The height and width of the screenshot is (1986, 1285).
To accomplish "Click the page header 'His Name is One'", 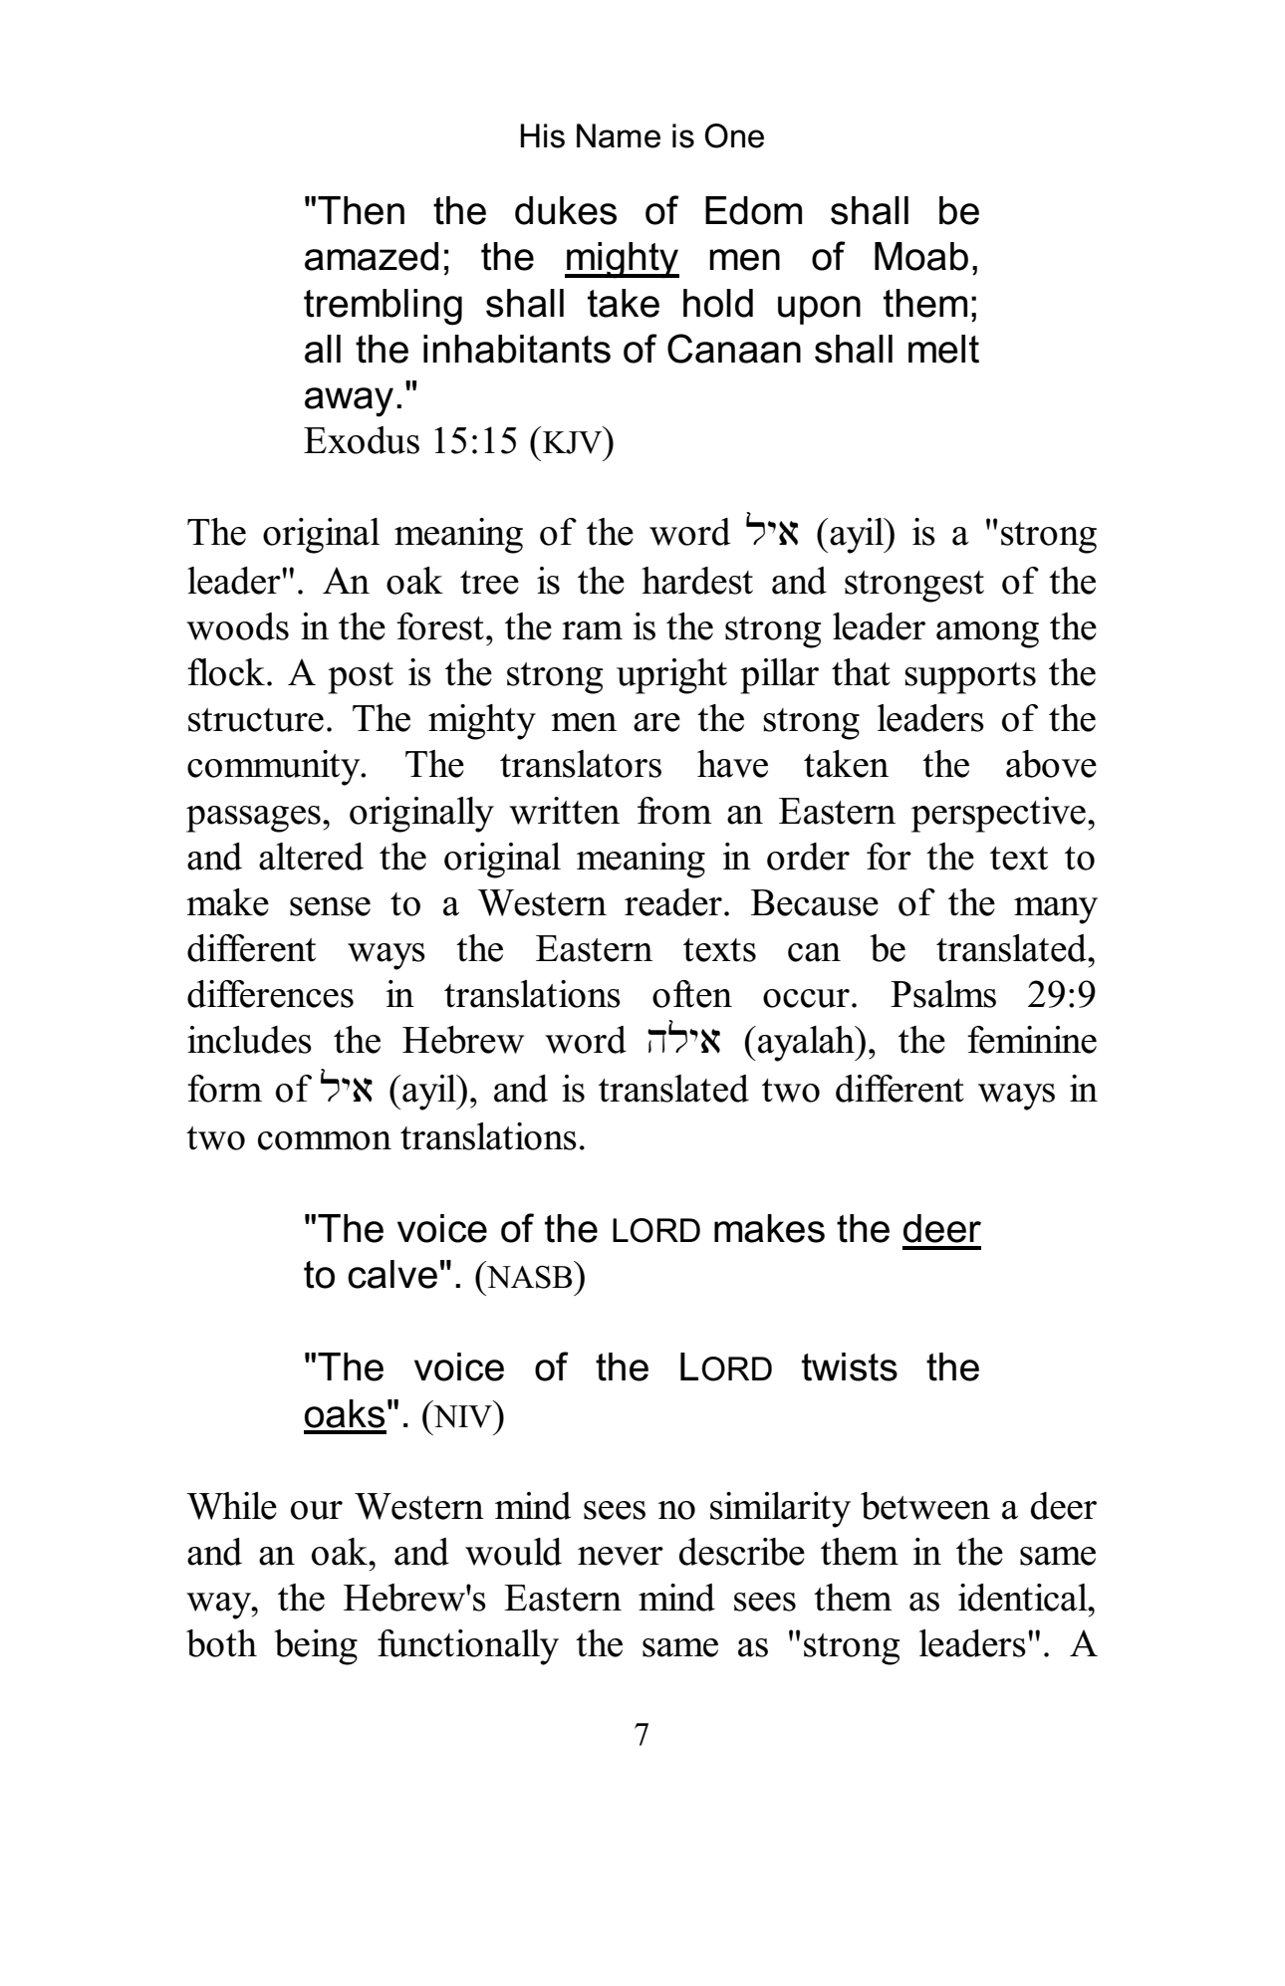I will point(642,136).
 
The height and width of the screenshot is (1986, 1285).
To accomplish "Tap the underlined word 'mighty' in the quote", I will point(621,258).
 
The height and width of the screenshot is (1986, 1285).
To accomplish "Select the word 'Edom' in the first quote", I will point(753,212).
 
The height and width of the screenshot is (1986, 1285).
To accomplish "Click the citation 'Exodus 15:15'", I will point(411,441).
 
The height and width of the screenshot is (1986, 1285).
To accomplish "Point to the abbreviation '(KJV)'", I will point(572,442).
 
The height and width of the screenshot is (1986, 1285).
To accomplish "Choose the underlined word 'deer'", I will point(941,1230).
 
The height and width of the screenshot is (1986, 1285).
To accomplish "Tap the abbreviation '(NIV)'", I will point(463,1415).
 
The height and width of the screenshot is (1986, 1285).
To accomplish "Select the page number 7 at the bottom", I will point(642,1735).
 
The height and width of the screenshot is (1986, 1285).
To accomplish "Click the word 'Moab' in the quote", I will point(920,258).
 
